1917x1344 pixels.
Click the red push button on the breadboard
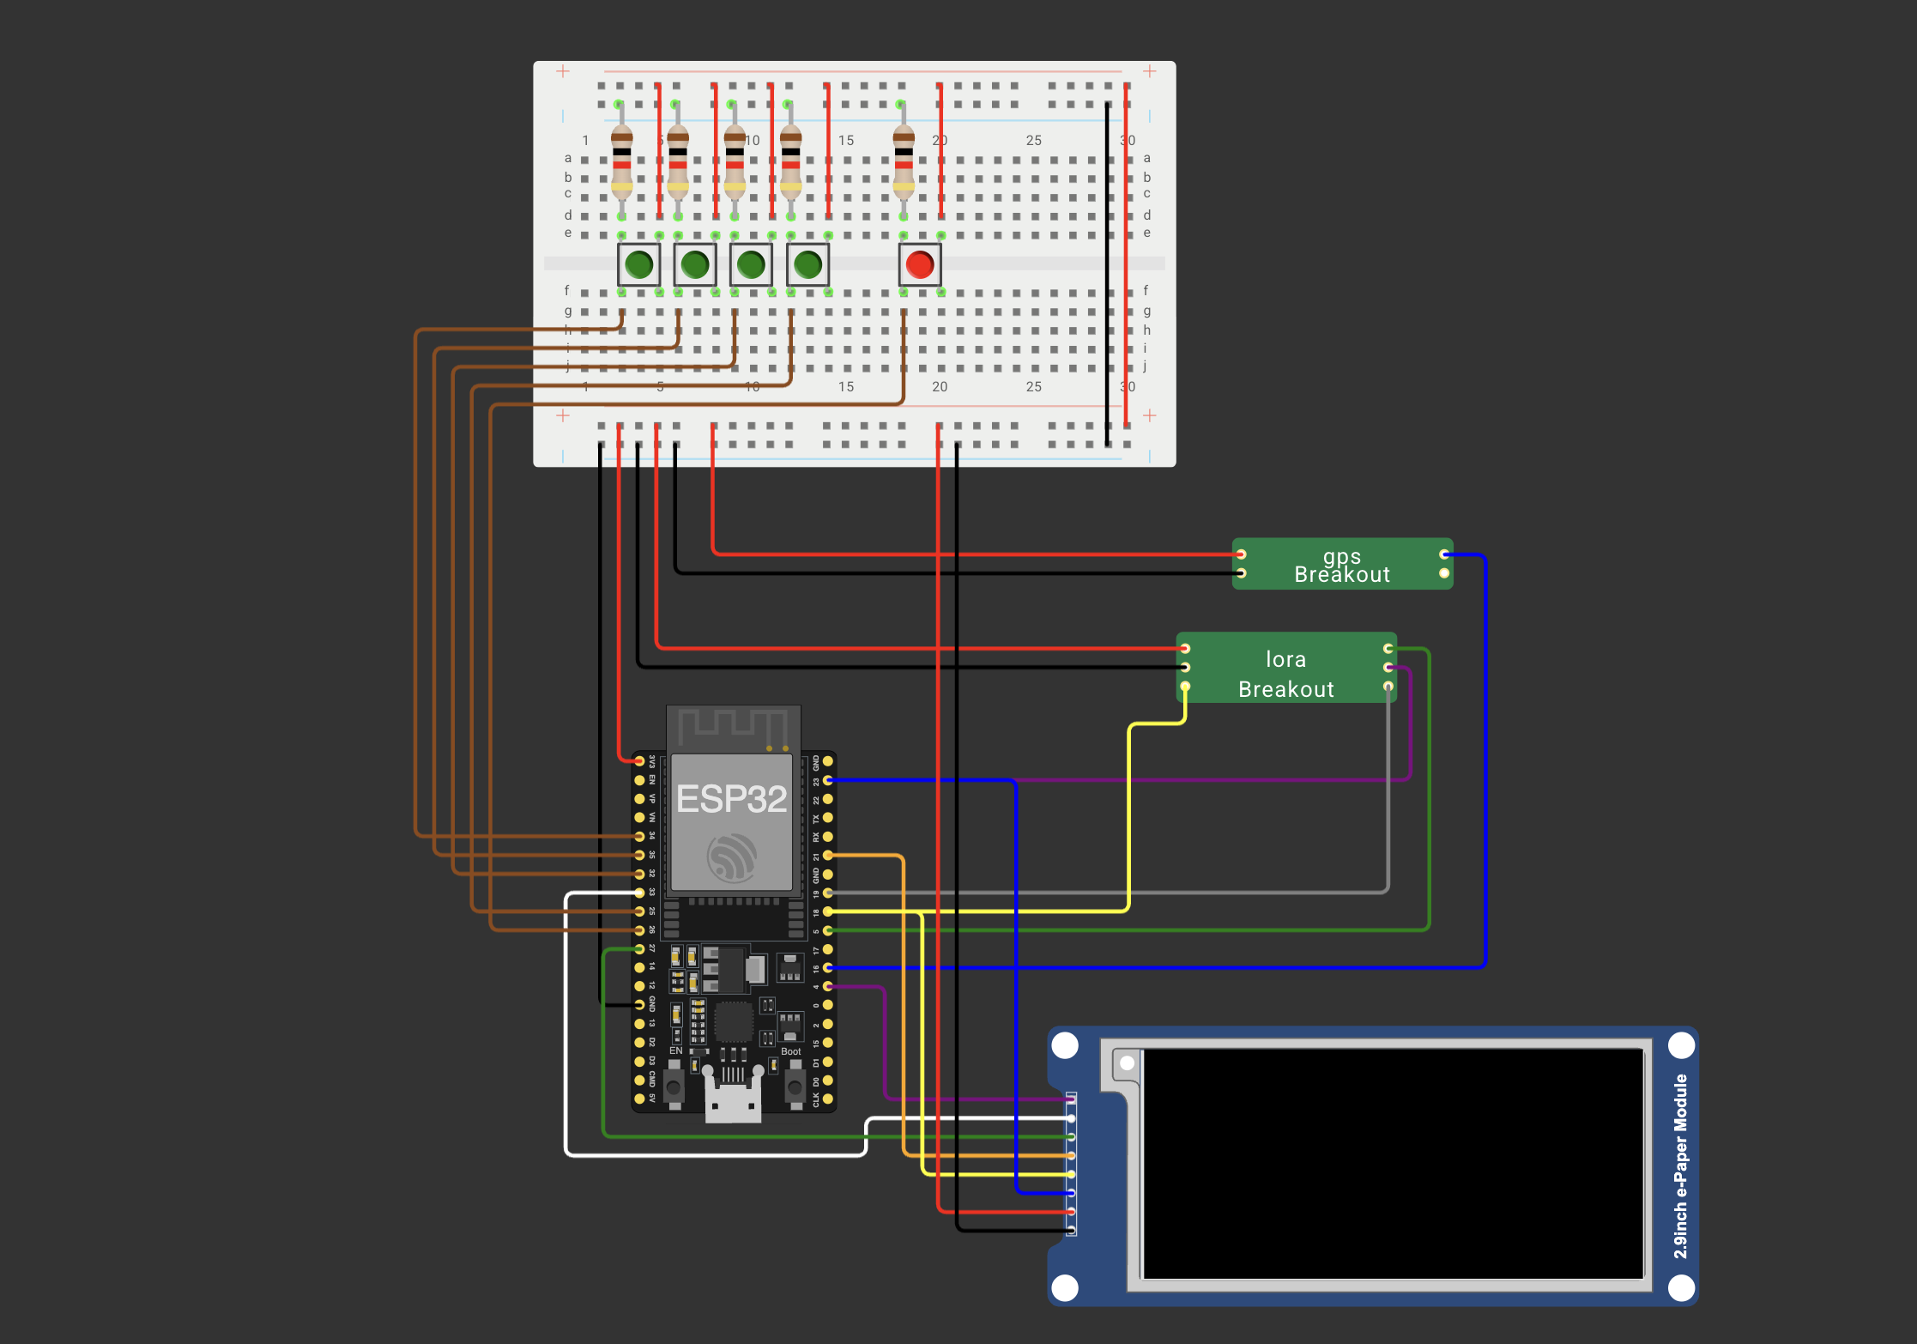920,264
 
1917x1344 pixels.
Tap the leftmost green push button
639,264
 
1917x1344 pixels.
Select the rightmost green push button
807,264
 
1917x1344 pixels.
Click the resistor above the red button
904,161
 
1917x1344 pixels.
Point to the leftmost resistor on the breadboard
622,161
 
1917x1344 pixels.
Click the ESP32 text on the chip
731,799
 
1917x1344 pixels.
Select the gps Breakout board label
1342,566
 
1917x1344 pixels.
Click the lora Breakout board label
1286,674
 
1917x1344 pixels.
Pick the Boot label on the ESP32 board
790,1051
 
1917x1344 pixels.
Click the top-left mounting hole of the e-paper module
1065,1045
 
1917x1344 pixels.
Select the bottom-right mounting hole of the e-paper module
1681,1287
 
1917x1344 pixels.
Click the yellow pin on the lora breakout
1185,687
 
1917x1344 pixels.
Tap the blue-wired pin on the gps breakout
1445,554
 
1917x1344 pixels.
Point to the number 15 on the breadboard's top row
846,140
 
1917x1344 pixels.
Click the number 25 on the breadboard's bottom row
1034,387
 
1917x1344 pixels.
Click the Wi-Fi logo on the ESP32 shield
731,857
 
